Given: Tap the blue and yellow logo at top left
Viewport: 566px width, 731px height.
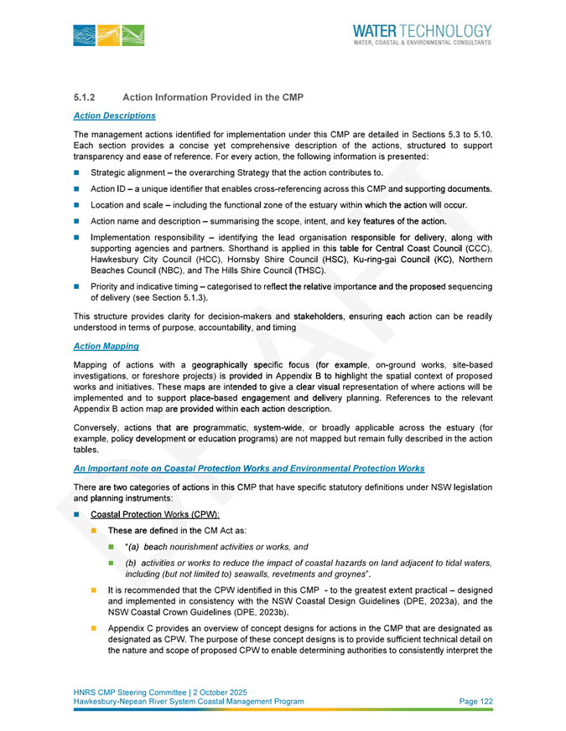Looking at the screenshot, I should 109,35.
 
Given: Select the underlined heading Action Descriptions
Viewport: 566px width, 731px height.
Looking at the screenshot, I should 114,115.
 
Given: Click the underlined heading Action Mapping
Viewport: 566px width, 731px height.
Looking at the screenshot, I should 106,346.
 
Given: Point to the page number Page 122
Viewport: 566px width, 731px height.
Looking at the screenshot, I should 475,702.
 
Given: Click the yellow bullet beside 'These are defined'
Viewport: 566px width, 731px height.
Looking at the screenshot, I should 95,532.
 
